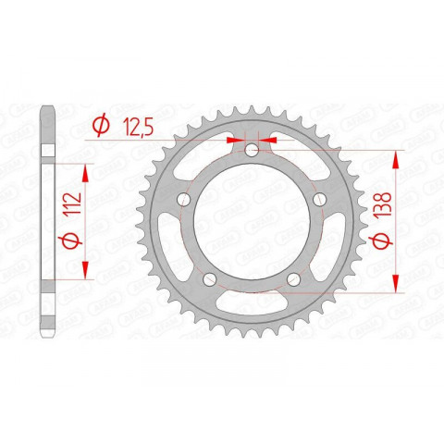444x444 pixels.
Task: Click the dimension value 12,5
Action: pos(138,124)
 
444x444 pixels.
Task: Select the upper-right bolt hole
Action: pos(319,200)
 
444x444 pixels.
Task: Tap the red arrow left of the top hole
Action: pos(237,139)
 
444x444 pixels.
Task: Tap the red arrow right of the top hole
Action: pos(271,139)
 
